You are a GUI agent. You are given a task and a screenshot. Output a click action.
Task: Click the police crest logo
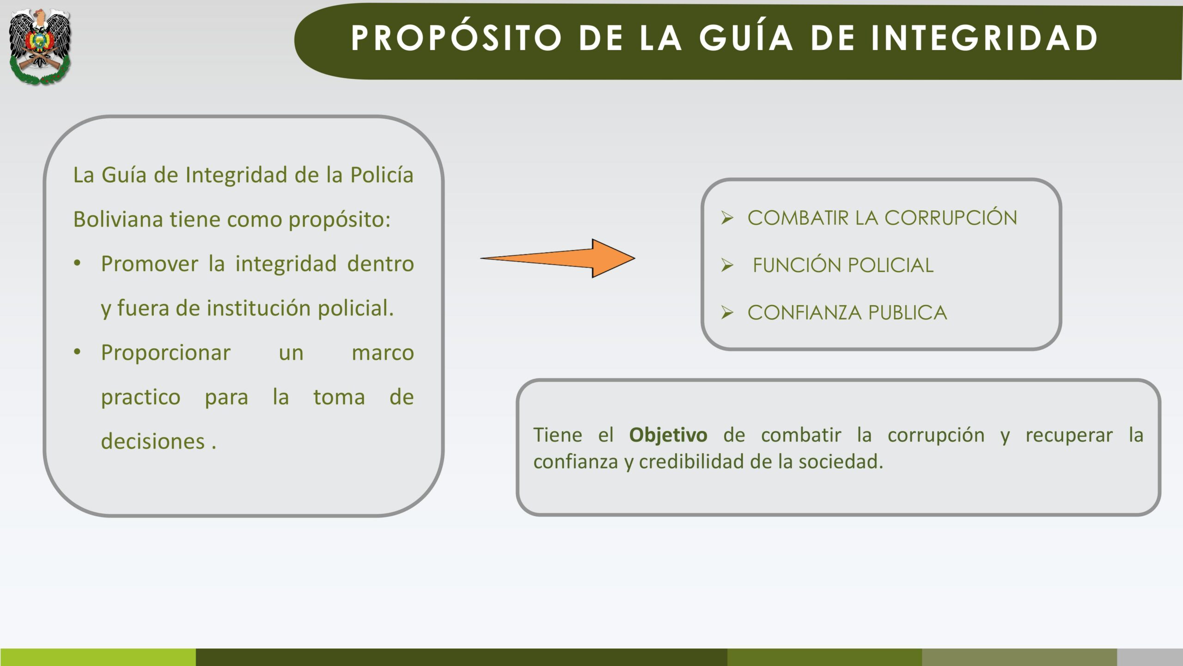[40, 46]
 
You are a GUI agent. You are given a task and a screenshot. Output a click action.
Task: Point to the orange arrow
[558, 259]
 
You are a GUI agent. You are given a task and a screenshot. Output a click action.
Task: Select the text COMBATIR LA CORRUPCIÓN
[882, 217]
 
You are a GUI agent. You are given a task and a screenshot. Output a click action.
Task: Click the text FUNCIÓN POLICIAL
[843, 265]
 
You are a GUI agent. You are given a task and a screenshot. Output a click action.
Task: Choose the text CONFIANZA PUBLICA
[847, 313]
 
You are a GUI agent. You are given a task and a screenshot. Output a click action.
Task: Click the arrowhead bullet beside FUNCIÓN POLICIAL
[727, 265]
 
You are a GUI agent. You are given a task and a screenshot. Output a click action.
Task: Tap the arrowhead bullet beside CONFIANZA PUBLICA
[727, 313]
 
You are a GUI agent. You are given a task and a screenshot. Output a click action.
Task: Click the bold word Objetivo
[668, 435]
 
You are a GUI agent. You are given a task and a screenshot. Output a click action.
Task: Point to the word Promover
[150, 264]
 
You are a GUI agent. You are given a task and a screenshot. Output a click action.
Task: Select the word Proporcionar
[165, 353]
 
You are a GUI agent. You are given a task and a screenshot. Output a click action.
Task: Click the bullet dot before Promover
[77, 263]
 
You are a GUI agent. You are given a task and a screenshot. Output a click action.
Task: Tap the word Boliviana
[118, 219]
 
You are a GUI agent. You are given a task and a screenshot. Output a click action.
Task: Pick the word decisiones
[153, 442]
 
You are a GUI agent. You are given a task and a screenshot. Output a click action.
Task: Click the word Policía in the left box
[382, 175]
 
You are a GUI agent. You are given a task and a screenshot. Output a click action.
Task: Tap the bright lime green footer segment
[98, 657]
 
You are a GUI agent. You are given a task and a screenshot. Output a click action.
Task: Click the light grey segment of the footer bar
[1150, 657]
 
